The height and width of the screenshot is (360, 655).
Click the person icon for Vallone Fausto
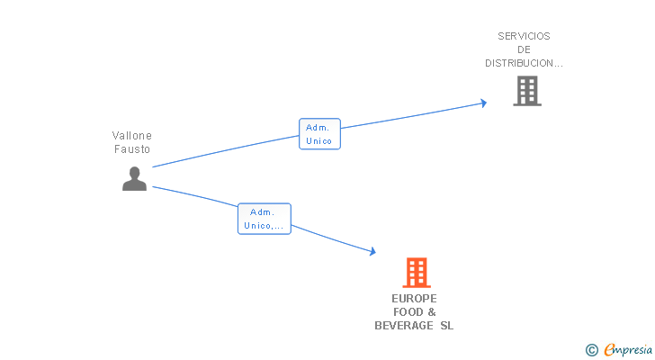tap(134, 179)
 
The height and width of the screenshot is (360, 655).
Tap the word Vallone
tap(132, 135)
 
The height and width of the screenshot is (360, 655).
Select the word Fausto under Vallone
tap(132, 149)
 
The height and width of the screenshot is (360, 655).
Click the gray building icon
tap(527, 90)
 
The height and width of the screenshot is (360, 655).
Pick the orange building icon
tap(416, 272)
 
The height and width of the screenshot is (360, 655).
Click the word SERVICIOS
tap(524, 36)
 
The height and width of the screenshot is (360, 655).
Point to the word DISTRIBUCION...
tap(524, 63)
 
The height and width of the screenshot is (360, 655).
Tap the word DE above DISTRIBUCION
tap(524, 49)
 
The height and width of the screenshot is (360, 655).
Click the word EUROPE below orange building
tap(414, 298)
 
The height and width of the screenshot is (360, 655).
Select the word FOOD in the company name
tap(408, 312)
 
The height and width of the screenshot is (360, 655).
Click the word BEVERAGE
tap(403, 326)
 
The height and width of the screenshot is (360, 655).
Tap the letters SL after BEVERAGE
tap(447, 326)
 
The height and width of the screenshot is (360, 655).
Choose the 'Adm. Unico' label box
tap(319, 134)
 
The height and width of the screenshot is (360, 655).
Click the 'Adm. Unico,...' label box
tap(265, 219)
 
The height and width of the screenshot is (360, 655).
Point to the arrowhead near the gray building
tap(483, 103)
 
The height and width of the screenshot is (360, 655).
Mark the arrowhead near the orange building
tap(372, 253)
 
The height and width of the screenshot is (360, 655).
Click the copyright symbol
tap(591, 350)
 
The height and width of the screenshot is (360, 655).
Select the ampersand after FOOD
tap(431, 312)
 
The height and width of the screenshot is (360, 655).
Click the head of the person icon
tap(134, 172)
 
